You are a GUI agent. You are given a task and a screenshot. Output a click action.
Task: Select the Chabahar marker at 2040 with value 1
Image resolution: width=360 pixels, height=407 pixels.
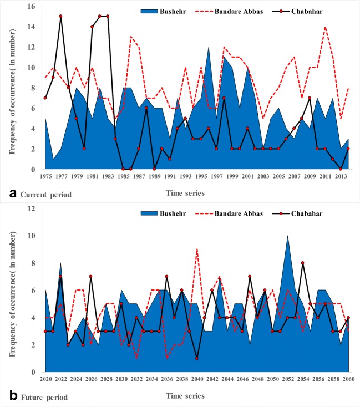point(197,359)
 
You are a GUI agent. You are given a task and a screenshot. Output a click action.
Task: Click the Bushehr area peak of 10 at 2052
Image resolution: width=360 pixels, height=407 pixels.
point(287,236)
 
